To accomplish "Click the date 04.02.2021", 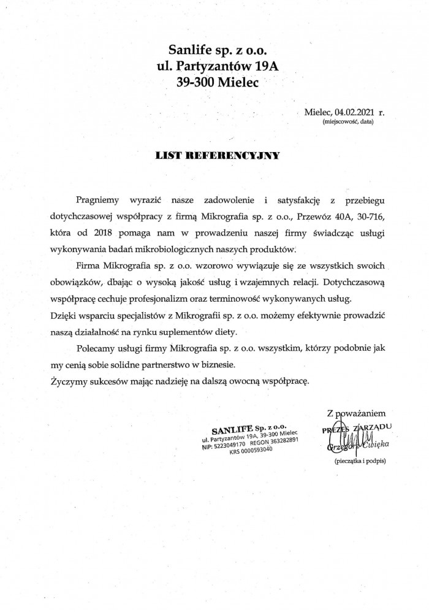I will (x=355, y=113).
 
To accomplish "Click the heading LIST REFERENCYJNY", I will (x=218, y=156).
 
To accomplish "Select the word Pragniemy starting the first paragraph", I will (x=97, y=201).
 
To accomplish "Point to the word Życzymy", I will (x=64, y=381).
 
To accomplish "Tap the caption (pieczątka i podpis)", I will (x=360, y=461).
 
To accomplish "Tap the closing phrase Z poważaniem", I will (x=356, y=413).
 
